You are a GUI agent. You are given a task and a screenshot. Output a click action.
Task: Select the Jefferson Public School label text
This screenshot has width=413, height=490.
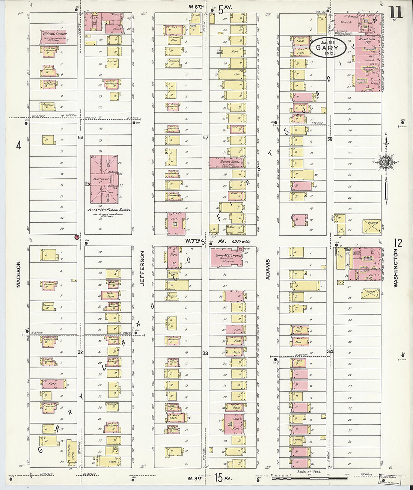pos(109,210)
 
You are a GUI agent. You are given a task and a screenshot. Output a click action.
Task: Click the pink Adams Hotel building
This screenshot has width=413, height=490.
pos(226,163)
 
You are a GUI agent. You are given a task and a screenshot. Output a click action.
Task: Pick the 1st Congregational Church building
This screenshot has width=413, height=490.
pos(54,35)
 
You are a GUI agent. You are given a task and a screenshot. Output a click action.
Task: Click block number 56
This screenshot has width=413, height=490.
pos(80,138)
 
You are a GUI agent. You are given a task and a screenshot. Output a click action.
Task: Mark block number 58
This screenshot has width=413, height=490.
pos(330,139)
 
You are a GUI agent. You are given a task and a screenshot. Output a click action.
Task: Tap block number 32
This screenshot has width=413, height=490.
pos(80,353)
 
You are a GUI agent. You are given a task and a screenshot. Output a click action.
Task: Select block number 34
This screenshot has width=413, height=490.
pos(330,351)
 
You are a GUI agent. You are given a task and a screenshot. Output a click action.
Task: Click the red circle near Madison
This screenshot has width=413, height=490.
pos(77,237)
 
